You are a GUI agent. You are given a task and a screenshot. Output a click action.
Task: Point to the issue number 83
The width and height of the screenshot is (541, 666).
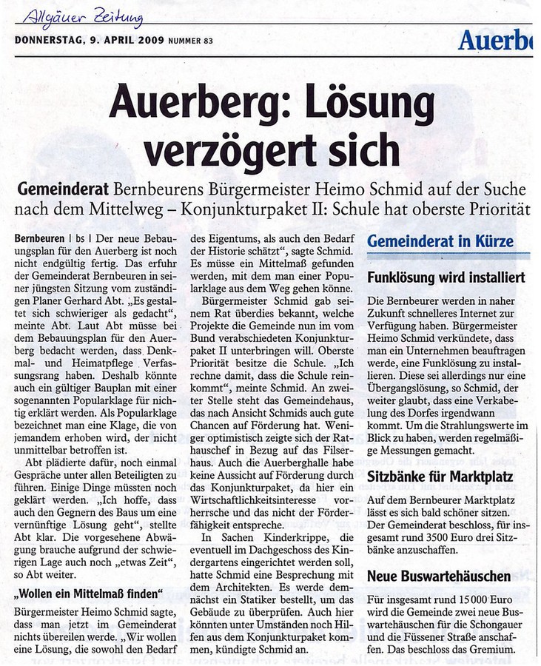[x=208, y=40]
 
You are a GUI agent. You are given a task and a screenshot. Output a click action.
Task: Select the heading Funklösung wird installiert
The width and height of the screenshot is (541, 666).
[x=446, y=279]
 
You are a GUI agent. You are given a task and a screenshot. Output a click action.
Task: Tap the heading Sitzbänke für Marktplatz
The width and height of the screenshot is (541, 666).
[x=440, y=477]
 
